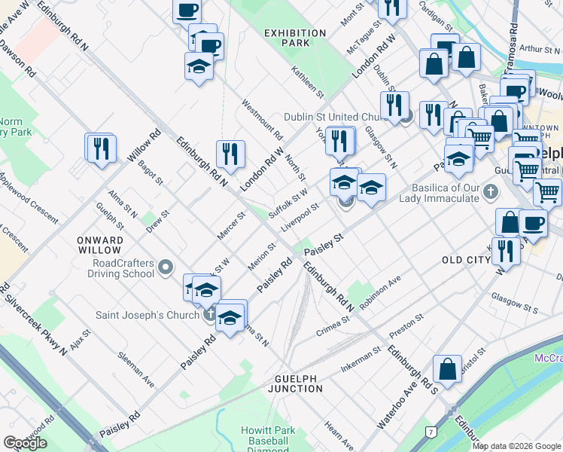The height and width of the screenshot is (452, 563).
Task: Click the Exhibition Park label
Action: [297, 38]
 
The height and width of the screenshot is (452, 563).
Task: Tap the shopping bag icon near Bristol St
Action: [447, 369]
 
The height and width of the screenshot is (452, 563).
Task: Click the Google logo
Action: [25, 442]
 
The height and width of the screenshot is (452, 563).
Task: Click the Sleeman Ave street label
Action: [136, 369]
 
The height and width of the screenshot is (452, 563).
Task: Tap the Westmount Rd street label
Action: [263, 121]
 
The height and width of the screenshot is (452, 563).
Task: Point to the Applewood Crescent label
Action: [29, 198]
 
